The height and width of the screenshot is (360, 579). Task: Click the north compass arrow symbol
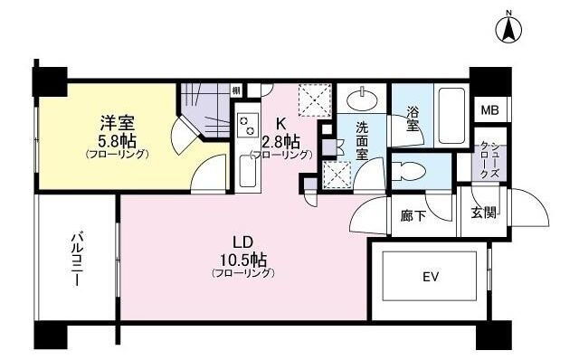[x=508, y=28]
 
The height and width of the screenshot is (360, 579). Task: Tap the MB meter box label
[x=489, y=110]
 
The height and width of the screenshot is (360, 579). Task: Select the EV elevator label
[x=431, y=276]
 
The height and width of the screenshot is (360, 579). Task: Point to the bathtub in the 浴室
[x=451, y=116]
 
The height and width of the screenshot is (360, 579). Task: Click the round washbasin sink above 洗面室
[x=362, y=99]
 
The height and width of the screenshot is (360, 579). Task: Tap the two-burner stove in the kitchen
[x=247, y=126]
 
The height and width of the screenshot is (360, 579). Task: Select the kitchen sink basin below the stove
[x=247, y=171]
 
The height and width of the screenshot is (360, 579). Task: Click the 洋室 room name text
[x=117, y=123]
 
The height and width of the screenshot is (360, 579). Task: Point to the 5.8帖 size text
[x=118, y=141]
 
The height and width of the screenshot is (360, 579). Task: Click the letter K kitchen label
[x=280, y=123]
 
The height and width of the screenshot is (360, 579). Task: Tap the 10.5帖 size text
[x=243, y=261]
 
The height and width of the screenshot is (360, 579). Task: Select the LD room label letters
[x=242, y=242]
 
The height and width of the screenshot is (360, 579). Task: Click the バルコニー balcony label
[x=77, y=260]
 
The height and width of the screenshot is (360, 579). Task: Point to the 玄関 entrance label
[x=484, y=213]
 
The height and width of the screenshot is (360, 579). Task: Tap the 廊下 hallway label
[x=413, y=216]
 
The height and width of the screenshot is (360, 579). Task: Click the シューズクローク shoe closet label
[x=490, y=160]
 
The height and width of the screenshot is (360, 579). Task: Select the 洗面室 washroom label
[x=362, y=141]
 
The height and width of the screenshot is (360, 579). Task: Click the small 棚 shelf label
[x=236, y=90]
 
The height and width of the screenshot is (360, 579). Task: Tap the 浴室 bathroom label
[x=413, y=118]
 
